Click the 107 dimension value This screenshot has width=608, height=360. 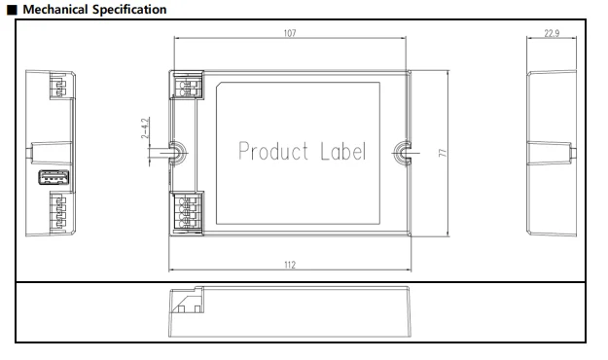pos(290,33)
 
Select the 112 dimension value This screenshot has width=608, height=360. pos(290,265)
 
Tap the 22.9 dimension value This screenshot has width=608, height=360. pos(552,33)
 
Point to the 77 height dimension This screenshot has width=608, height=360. pos(443,153)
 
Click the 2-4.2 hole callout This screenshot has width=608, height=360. pos(145,128)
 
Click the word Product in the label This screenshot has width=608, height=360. pos(273,151)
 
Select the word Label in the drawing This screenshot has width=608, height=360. pos(342,151)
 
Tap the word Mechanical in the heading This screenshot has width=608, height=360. pos(55,10)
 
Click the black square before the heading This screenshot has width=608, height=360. pos(12,10)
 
